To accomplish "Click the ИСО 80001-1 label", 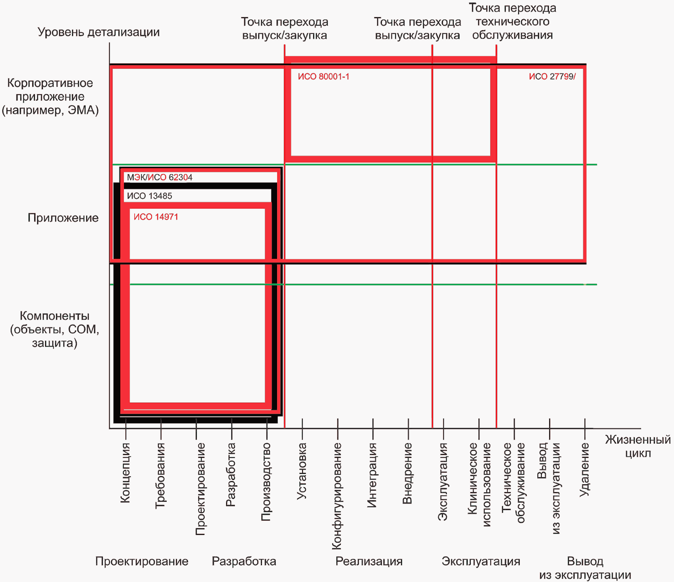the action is click(323, 77).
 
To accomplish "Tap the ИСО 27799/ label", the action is click(552, 77).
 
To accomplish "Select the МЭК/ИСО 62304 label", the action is click(160, 177).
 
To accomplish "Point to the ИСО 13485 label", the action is click(149, 196).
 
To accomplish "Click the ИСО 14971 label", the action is click(156, 217).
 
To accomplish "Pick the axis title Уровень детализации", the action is click(99, 32).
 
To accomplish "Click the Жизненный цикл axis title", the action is click(638, 447).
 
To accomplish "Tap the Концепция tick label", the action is click(126, 472).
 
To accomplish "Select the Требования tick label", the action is click(161, 476).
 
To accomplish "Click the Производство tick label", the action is click(267, 482).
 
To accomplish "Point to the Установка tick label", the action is click(302, 471).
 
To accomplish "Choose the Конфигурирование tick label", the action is click(337, 496).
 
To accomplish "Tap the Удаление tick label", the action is click(585, 470).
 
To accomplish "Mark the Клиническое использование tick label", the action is click(479, 484).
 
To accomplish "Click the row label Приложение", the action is click(63, 218).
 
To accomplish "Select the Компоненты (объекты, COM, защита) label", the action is click(55, 329).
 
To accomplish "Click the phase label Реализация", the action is click(369, 561).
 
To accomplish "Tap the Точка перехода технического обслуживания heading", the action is click(513, 21).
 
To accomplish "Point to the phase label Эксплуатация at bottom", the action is click(481, 561).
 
